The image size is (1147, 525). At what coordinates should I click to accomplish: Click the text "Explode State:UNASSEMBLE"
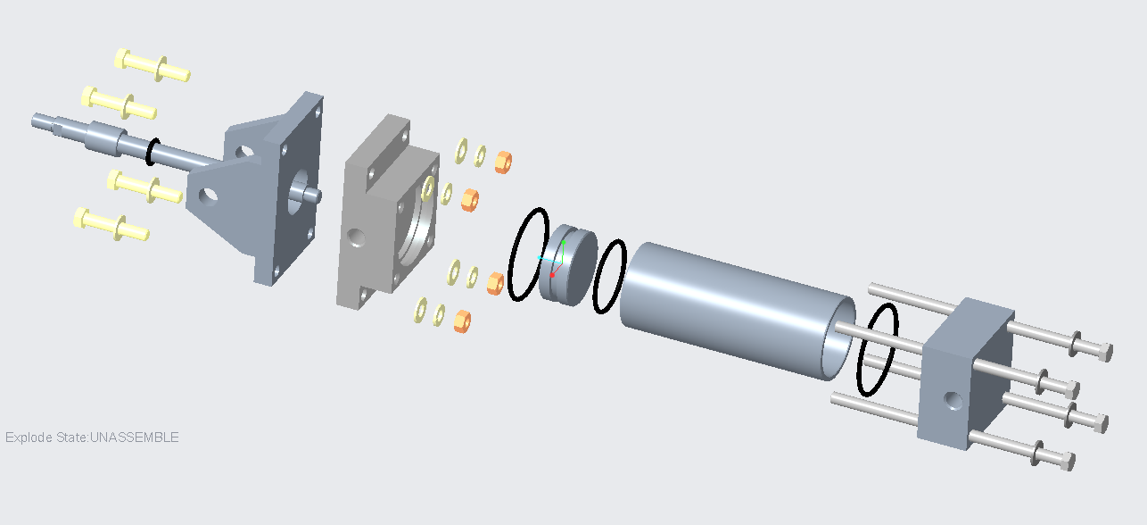[x=92, y=437]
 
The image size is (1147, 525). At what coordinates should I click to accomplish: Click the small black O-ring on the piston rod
[x=153, y=152]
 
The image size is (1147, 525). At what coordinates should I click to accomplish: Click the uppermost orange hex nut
[x=502, y=161]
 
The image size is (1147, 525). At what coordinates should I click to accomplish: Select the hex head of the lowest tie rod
[x=1065, y=462]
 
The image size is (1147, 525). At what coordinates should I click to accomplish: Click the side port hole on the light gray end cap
[x=356, y=238]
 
